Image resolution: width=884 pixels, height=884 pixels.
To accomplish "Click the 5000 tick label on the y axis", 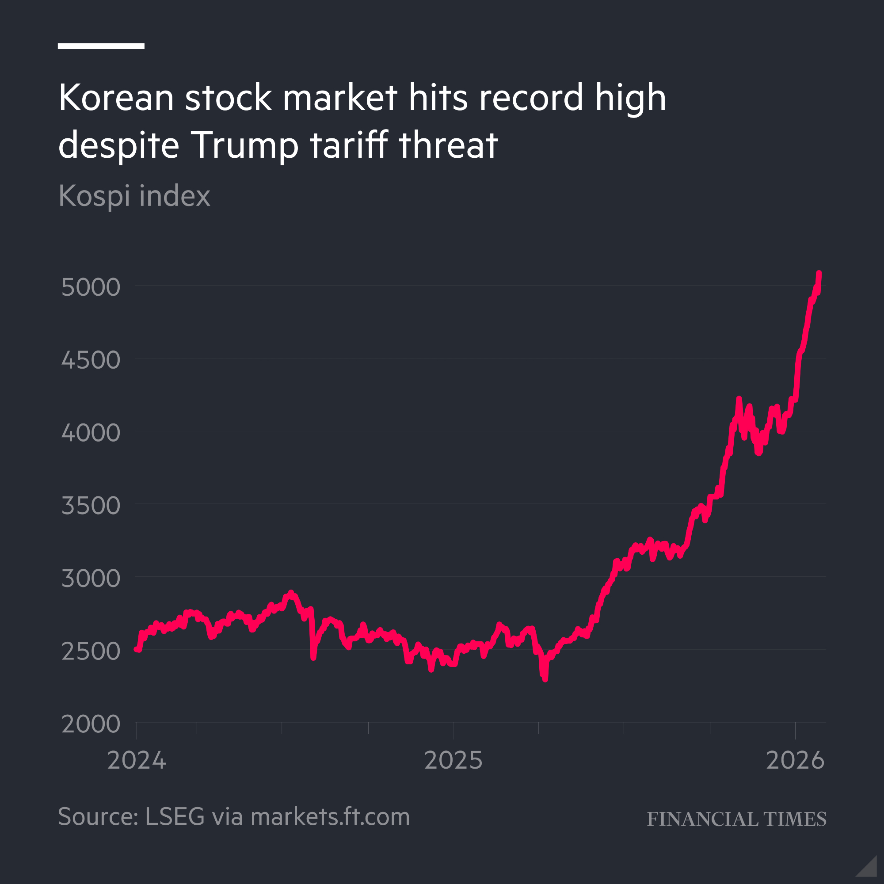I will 91,287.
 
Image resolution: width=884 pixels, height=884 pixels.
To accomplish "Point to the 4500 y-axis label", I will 91,360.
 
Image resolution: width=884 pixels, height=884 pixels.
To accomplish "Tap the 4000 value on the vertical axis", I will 91,433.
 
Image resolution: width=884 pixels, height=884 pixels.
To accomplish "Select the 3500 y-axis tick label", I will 91,506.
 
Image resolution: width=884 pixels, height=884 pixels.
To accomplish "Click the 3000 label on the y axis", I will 91,578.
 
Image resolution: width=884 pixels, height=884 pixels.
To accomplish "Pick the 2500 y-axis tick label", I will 91,651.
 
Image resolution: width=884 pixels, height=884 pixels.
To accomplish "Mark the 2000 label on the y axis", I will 91,724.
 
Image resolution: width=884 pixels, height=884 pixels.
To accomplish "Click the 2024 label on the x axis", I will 136,760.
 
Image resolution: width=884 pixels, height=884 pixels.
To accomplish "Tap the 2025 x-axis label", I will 453,760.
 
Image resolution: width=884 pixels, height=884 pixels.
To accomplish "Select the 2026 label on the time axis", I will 795,760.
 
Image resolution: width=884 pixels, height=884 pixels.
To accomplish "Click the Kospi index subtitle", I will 134,196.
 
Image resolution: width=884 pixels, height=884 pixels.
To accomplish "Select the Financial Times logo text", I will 736,819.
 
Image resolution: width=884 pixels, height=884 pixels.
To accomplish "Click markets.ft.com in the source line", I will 330,817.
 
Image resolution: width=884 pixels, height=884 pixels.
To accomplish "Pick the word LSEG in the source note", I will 174,817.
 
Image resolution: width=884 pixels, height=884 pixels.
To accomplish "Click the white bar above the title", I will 101,46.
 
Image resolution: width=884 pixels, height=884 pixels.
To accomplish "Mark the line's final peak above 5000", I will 819,273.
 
